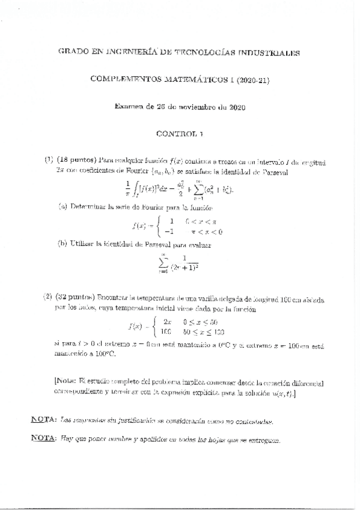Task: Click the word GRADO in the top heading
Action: (x=72, y=53)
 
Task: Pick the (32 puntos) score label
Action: (x=75, y=298)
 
